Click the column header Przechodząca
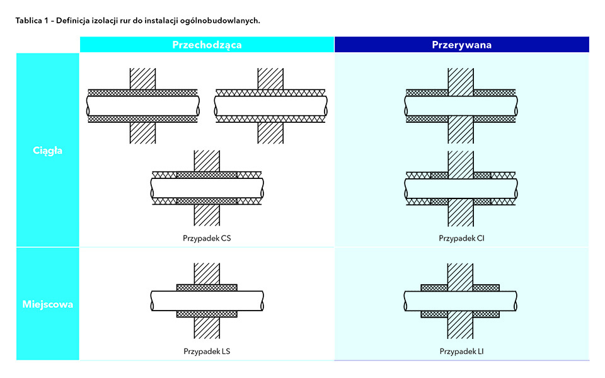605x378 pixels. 207,45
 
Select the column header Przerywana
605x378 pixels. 461,45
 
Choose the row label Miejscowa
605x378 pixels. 48,304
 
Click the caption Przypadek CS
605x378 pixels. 206,239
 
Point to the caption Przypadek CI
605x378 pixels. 461,239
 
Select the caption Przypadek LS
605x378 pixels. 206,351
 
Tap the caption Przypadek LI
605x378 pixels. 461,351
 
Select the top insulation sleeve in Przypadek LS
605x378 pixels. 207,287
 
